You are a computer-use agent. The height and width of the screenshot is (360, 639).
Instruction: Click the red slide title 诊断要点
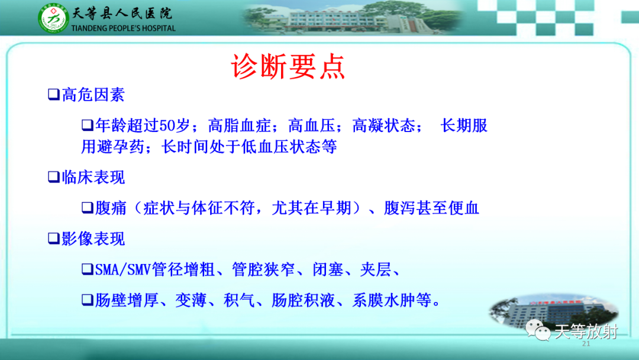coord(288,66)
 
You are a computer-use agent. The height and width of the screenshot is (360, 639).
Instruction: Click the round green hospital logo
coord(53,18)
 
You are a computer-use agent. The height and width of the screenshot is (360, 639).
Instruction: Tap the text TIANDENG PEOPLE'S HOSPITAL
coord(123,28)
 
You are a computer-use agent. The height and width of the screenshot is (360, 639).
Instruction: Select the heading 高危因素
coord(93,95)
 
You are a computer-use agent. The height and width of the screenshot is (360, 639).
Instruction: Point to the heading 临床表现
coord(93,178)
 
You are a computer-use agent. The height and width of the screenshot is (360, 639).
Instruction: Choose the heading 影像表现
coord(93,239)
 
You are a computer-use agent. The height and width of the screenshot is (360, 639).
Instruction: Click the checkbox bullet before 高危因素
coord(54,95)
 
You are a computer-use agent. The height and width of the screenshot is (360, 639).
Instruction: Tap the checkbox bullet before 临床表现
coord(54,178)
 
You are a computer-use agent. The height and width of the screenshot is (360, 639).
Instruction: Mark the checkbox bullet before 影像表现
coord(54,239)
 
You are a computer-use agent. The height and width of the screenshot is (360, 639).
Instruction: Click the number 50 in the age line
coord(166,126)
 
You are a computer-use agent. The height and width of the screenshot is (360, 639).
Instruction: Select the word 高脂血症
coord(239,126)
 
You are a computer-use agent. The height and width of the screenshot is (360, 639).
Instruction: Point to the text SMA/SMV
coord(122,269)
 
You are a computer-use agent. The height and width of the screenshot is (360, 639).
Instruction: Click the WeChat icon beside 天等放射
coord(538,330)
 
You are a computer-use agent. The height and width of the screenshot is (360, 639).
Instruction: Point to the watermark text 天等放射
coord(586,332)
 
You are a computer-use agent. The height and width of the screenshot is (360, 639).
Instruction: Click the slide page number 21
coord(586,343)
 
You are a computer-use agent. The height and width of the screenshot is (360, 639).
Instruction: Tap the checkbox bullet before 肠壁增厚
coord(87,300)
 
